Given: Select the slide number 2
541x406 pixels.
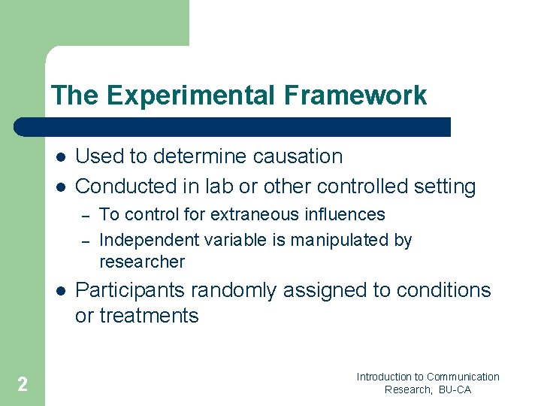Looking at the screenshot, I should tap(23, 385).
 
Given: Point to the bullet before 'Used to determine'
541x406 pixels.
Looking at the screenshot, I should tap(59, 157).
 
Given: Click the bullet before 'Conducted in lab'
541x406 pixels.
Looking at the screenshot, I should tap(59, 186).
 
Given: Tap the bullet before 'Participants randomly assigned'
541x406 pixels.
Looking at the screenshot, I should tap(59, 291).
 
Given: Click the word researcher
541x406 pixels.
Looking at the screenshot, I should tap(141, 262).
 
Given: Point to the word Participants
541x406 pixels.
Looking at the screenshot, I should tap(133, 290).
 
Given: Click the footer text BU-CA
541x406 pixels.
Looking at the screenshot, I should tap(455, 389).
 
